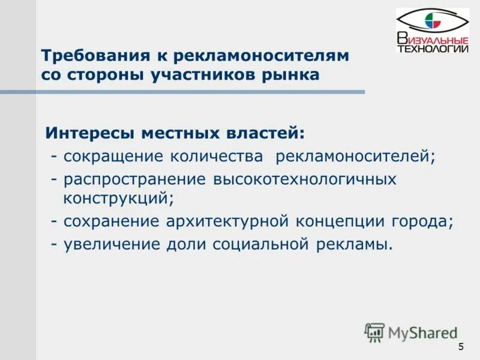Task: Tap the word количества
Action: click(217, 157)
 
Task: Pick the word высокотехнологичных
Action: click(305, 179)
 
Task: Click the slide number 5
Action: click(461, 347)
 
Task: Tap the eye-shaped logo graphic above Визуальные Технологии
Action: click(432, 22)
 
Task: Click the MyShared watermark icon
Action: click(375, 332)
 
